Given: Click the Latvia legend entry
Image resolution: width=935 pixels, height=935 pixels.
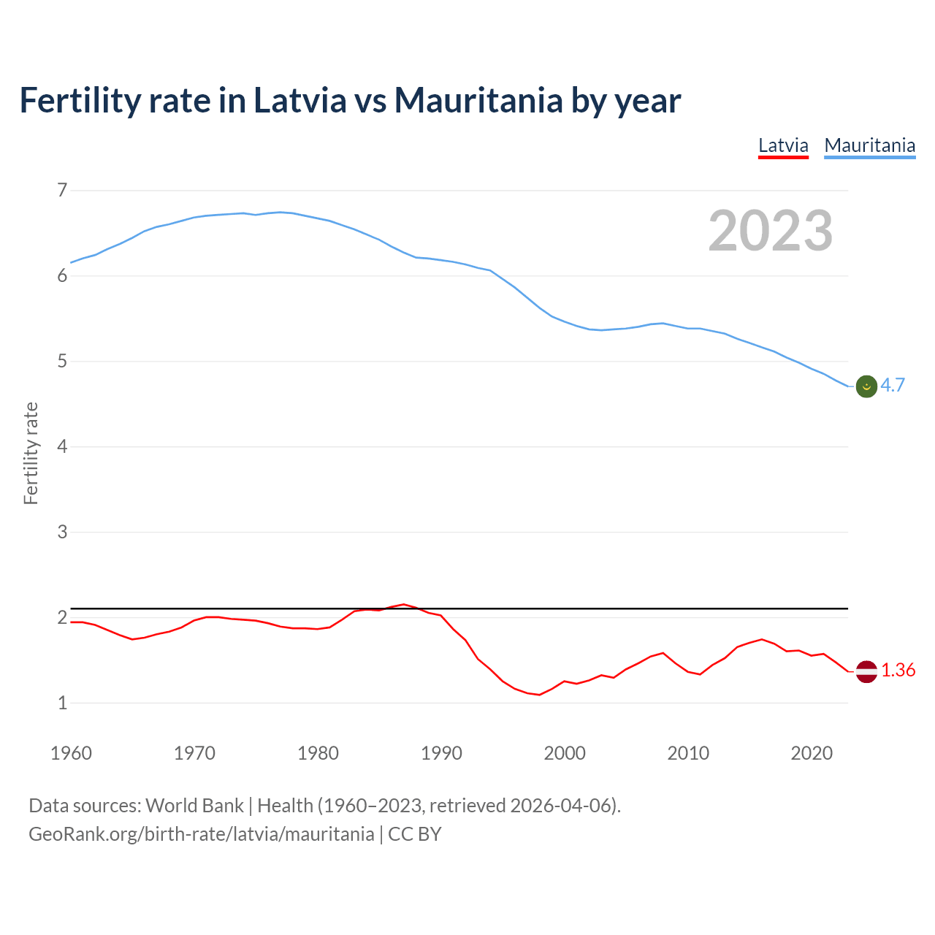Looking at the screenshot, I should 783,145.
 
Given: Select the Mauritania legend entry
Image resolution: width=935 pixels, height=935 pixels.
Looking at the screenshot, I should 869,145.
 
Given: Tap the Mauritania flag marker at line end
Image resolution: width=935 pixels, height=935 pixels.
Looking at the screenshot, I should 866,386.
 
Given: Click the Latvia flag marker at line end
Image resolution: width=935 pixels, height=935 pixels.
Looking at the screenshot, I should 866,671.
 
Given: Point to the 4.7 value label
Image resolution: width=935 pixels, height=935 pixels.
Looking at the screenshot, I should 893,386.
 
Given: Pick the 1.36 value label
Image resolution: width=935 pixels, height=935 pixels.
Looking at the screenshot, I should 898,671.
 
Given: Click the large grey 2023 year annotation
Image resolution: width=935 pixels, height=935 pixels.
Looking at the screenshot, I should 771,231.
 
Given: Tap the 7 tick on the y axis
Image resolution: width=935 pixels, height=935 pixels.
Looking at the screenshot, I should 62,191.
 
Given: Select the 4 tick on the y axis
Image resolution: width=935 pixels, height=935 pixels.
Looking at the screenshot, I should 62,446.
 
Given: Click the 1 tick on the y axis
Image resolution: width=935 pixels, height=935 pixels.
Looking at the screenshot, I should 62,703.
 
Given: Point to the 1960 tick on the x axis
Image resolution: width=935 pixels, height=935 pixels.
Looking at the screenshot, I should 71,753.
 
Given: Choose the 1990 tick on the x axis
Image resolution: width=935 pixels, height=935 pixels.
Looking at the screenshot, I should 441,753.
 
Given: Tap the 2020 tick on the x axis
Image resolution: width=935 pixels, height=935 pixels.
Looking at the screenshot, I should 812,753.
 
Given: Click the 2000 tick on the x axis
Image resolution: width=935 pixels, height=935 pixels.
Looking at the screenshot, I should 565,753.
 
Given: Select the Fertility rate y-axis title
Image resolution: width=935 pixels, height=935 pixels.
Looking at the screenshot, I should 31,453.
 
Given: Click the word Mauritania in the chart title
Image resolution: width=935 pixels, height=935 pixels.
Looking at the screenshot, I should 478,101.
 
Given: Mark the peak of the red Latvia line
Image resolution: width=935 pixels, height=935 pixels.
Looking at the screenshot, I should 403,604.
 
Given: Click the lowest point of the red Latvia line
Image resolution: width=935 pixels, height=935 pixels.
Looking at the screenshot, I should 539,695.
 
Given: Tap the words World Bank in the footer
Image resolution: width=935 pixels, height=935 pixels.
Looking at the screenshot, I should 194,806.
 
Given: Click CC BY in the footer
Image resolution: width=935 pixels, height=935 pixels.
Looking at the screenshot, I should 414,834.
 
